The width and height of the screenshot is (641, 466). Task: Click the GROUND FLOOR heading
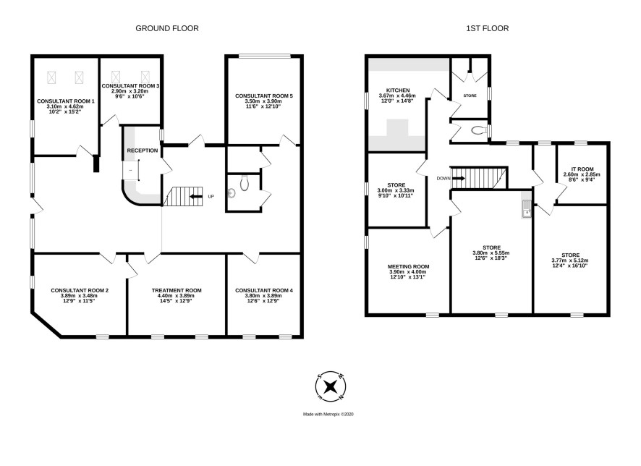click(167, 28)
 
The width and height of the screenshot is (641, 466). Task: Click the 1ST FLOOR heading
click(488, 28)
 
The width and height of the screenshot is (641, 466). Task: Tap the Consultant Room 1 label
click(65, 101)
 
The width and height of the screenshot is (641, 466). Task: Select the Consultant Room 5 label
click(263, 96)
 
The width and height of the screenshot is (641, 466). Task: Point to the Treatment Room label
click(177, 291)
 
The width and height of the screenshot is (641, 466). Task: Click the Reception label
click(143, 151)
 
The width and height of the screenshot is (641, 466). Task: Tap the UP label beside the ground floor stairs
click(211, 197)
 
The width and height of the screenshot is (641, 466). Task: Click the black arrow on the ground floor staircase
click(196, 197)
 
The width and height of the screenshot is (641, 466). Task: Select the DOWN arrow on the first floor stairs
click(459, 179)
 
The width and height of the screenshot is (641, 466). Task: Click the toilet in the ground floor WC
click(245, 184)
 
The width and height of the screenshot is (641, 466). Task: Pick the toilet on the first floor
click(478, 131)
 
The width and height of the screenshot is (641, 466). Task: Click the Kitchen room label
click(398, 90)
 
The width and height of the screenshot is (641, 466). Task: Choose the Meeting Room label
click(408, 266)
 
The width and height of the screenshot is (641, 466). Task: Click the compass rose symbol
click(331, 386)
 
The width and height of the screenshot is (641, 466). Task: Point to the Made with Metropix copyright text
click(328, 414)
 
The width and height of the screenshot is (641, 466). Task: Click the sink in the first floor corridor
click(526, 209)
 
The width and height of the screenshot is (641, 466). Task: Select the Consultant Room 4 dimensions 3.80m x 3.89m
click(263, 295)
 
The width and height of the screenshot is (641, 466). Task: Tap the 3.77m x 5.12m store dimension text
click(570, 260)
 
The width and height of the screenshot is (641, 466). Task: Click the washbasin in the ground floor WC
click(232, 193)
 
